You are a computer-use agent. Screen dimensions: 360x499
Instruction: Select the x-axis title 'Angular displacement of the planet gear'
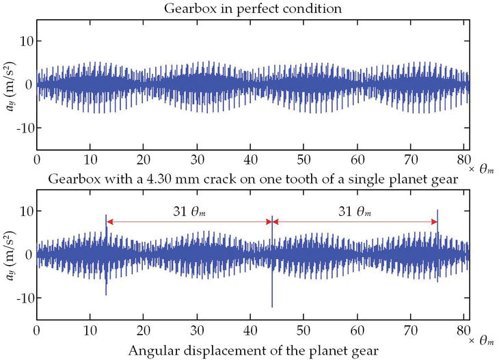[252, 352]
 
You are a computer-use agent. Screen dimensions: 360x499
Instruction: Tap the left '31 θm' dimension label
[188, 212]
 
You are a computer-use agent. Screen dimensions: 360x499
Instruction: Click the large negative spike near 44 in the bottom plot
[272, 305]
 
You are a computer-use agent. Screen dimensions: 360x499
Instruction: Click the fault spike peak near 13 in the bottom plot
[106, 216]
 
